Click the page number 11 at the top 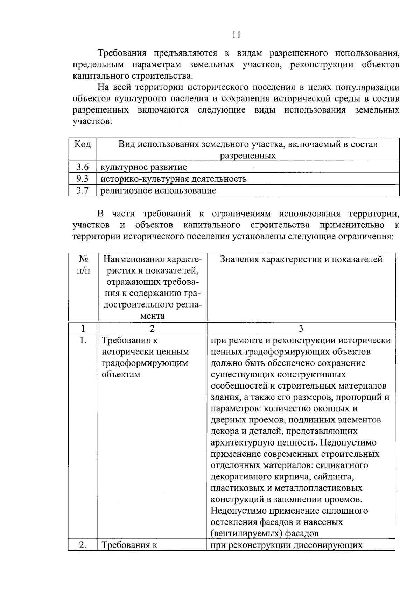tap(236, 35)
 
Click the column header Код tap(83, 144)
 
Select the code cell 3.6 tap(83, 167)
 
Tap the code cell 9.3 tap(83, 179)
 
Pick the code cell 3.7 tap(83, 190)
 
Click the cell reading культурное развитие tap(143, 167)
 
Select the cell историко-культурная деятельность tap(174, 179)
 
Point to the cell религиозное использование tap(158, 191)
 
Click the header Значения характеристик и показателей tap(301, 259)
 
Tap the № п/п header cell tap(83, 265)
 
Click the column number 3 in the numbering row tap(301, 328)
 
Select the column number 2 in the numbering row tap(152, 328)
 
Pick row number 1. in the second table tap(83, 340)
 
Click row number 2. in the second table tap(83, 545)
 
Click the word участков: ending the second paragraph tap(92, 122)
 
